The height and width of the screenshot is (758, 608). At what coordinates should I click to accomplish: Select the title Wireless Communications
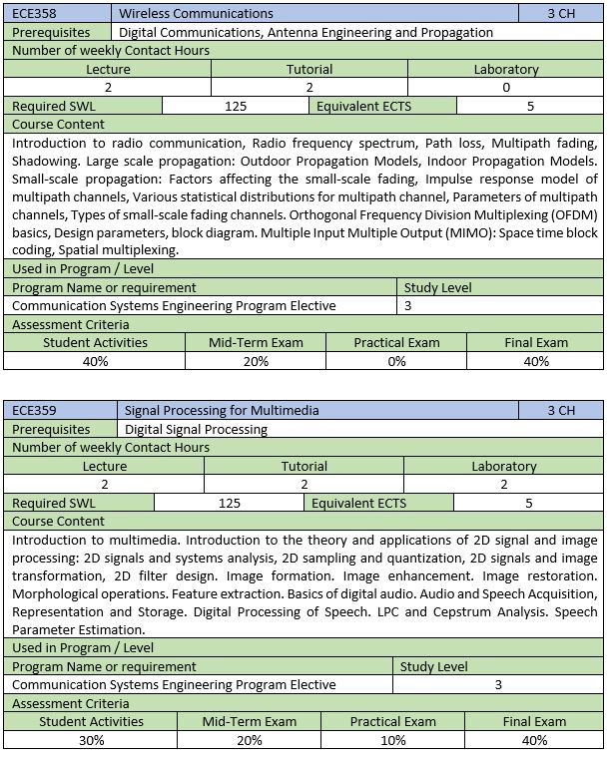[196, 14]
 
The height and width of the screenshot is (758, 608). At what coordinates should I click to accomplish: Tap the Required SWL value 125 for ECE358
[237, 106]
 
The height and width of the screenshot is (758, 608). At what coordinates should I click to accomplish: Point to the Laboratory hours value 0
[506, 88]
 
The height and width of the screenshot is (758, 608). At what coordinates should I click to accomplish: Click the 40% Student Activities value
[95, 361]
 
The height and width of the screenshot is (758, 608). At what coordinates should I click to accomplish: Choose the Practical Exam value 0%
[396, 361]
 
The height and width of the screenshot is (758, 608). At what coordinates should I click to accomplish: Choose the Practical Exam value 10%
[392, 740]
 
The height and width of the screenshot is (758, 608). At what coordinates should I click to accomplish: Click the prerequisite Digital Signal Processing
[196, 429]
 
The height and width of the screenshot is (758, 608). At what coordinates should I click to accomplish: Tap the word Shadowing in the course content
[49, 161]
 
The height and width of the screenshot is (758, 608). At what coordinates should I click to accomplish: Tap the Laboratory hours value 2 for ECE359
[503, 484]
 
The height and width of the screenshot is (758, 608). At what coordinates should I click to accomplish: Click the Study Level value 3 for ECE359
[499, 685]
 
